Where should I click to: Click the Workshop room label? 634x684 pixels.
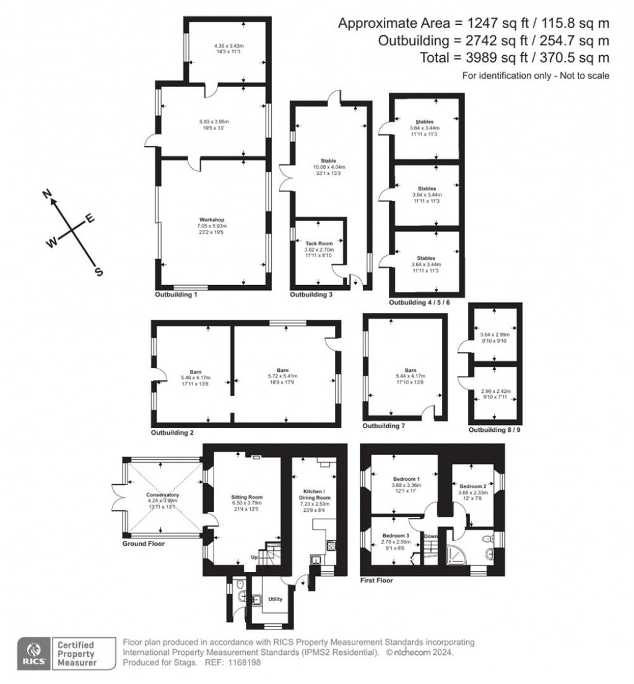click(211, 220)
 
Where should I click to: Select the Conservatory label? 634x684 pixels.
click(162, 495)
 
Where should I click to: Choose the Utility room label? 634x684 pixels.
click(275, 599)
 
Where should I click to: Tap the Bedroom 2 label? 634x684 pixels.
click(472, 486)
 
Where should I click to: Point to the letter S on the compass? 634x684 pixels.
click(98, 271)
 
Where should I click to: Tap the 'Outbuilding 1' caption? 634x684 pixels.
click(176, 295)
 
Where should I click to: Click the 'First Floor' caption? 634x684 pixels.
click(376, 581)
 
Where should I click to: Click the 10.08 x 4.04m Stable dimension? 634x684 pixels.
click(328, 167)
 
